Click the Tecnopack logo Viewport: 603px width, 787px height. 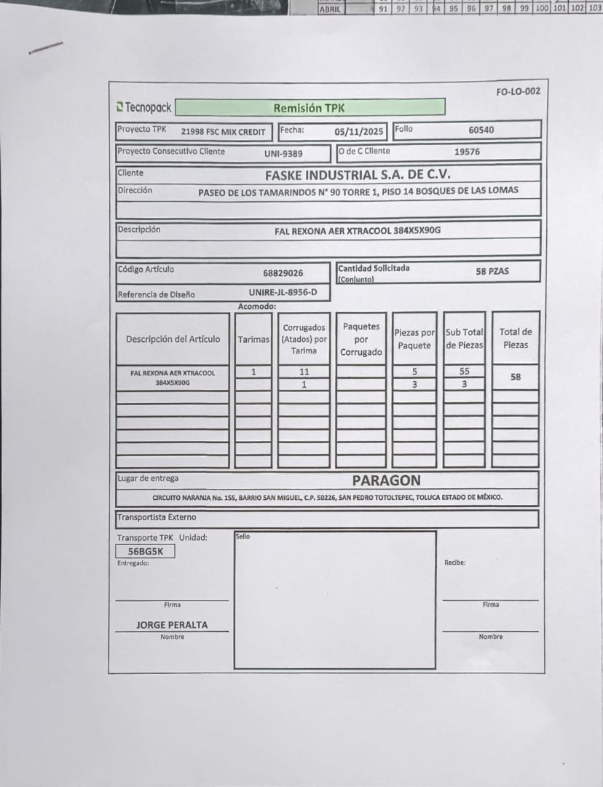144,108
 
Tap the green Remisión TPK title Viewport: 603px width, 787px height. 310,108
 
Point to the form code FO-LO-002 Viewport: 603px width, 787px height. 518,92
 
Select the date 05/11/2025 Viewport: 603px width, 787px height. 358,132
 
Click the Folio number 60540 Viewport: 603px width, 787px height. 481,130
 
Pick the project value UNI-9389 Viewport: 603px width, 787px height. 283,154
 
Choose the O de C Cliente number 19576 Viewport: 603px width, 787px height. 467,152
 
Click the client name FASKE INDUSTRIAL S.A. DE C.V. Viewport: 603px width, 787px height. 358,175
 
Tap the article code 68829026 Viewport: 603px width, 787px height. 283,273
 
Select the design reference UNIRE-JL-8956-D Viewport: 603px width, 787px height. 283,292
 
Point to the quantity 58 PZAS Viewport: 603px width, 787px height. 492,271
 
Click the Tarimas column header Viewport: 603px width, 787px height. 253,340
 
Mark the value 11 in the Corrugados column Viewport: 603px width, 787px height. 304,372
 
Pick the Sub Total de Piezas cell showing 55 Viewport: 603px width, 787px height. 465,372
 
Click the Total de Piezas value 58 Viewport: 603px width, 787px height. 516,377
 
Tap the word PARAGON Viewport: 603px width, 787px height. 386,481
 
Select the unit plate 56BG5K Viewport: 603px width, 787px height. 145,552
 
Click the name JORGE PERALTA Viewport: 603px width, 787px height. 172,625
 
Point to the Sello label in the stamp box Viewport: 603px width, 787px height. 243,536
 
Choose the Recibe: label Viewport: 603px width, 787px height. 454,563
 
